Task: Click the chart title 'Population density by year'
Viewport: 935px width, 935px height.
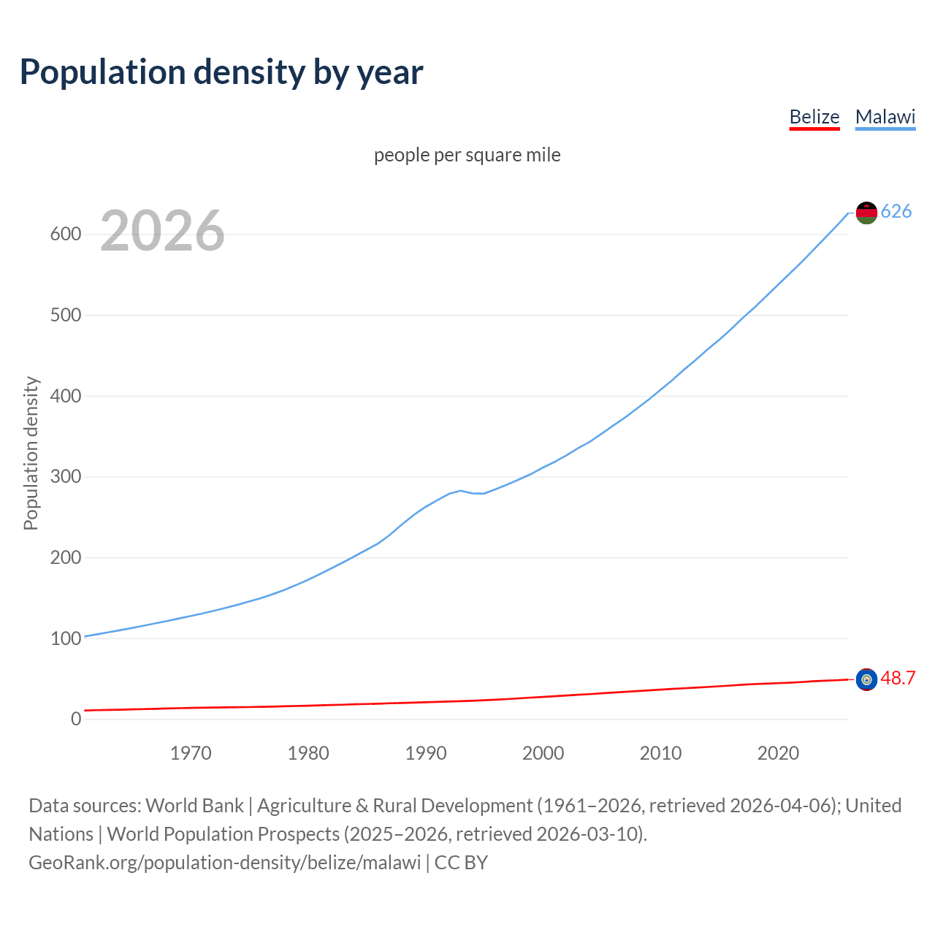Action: pyautogui.click(x=221, y=72)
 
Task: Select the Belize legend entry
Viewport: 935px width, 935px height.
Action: pyautogui.click(x=814, y=117)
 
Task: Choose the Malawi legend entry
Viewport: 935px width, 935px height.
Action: pyautogui.click(x=885, y=117)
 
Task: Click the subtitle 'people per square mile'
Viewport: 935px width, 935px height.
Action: pyautogui.click(x=467, y=156)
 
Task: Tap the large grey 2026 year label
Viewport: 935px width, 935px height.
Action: pyautogui.click(x=162, y=231)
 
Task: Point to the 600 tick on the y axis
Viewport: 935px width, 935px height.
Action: pyautogui.click(x=65, y=234)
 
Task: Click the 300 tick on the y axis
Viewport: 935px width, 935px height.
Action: pyautogui.click(x=65, y=477)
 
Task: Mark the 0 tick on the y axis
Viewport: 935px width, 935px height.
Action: pyautogui.click(x=76, y=720)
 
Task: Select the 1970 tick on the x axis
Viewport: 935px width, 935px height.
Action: pyautogui.click(x=191, y=753)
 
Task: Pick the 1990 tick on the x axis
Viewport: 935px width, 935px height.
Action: pyautogui.click(x=426, y=753)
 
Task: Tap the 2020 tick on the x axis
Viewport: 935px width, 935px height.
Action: pyautogui.click(x=778, y=753)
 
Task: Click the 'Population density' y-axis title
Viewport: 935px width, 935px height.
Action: pyautogui.click(x=31, y=453)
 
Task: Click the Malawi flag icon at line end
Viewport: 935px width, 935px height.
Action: pyautogui.click(x=866, y=213)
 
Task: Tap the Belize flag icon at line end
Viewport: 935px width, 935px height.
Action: pyautogui.click(x=866, y=679)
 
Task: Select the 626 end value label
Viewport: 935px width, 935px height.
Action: pyautogui.click(x=896, y=212)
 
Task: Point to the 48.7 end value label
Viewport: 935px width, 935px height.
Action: pyautogui.click(x=898, y=679)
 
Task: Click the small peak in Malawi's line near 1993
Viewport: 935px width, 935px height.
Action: pyautogui.click(x=460, y=491)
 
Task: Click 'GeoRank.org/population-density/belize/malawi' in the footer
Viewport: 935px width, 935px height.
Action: pyautogui.click(x=224, y=863)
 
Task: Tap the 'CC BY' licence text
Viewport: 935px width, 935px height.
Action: pyautogui.click(x=461, y=863)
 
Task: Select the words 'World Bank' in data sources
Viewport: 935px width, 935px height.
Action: pyautogui.click(x=194, y=806)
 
